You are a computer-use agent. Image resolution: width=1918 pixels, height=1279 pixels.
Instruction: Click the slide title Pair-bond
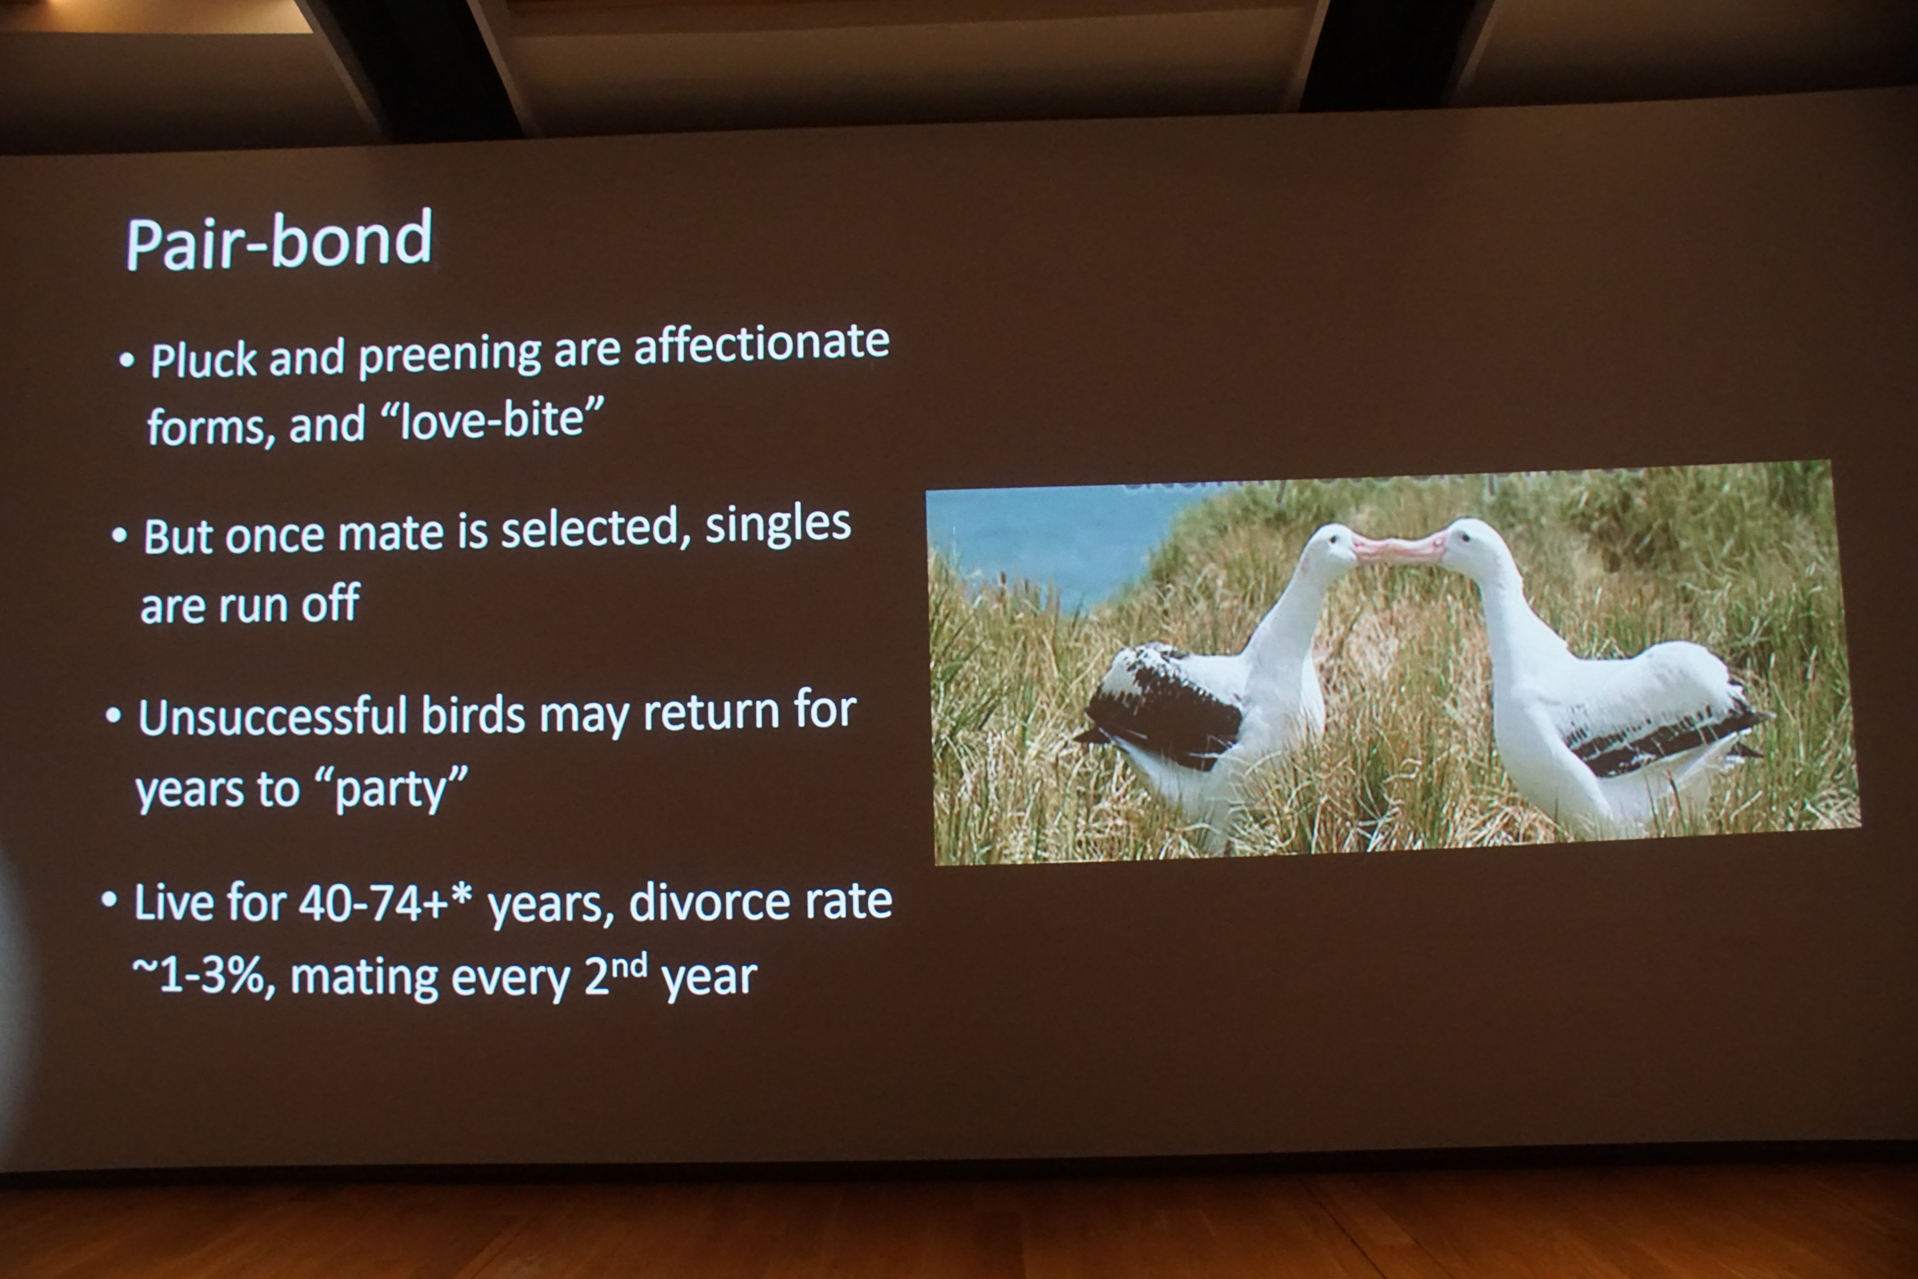[279, 241]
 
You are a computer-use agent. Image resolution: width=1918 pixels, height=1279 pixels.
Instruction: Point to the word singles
[778, 526]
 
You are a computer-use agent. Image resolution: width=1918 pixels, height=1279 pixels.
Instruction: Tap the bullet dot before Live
[109, 900]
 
